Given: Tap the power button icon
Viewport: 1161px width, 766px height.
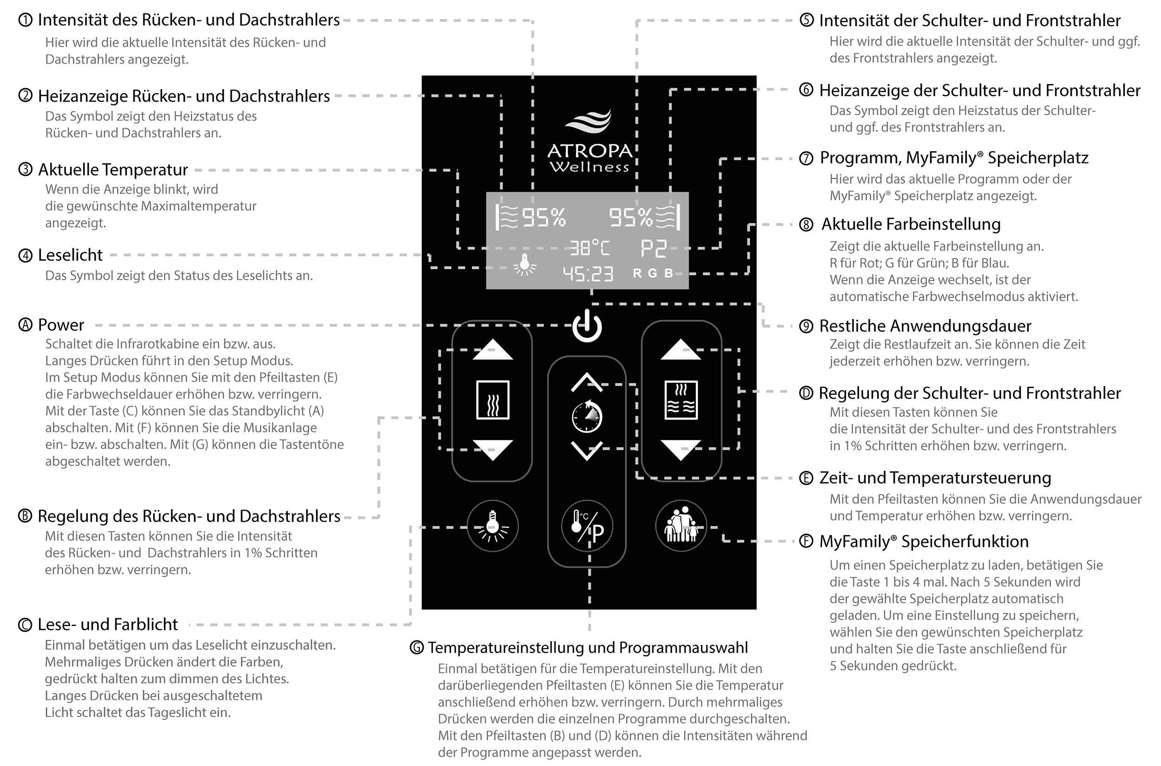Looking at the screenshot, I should coord(587,326).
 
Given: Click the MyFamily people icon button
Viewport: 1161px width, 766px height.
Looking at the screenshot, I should coord(681,526).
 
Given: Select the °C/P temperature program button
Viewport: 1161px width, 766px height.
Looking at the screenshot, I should coord(587,526).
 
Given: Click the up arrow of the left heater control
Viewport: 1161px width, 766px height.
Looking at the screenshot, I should coord(493,350).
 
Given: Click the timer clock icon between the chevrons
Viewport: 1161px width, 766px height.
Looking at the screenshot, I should coord(587,417).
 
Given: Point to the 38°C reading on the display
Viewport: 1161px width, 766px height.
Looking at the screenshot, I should coord(590,248).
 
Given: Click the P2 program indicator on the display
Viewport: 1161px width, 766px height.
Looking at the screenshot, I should coord(653,248).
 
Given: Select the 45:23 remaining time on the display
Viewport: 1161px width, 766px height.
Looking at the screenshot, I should coord(587,274).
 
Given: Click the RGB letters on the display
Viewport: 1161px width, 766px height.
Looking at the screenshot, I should coord(653,273).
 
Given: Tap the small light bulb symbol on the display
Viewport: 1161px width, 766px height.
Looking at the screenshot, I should coord(525,265).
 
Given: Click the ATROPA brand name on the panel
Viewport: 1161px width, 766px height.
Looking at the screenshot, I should coord(589,151).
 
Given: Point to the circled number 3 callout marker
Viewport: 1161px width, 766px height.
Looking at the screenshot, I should coord(25,169).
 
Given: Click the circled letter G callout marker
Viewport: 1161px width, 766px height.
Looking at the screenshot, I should coord(416,648).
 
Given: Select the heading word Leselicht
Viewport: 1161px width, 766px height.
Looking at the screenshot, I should coord(71,255).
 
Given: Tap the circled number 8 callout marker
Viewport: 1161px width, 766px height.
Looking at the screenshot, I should coord(806,224).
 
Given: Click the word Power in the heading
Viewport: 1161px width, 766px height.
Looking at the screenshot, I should coord(61,325).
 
